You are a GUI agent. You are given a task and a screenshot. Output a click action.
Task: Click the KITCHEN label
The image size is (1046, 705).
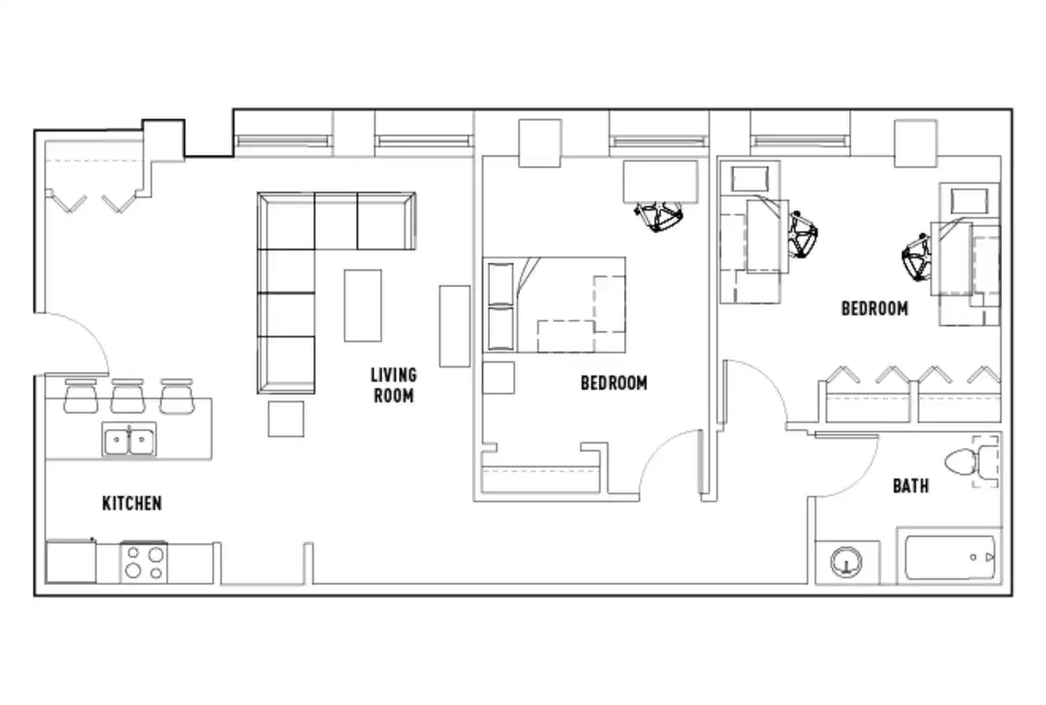pyautogui.click(x=132, y=503)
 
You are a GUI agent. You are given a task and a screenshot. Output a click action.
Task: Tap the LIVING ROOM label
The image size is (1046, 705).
pyautogui.click(x=393, y=385)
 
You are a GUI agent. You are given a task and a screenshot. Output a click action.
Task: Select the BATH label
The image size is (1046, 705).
pyautogui.click(x=910, y=486)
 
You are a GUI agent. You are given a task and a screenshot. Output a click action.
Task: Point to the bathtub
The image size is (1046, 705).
pyautogui.click(x=950, y=557)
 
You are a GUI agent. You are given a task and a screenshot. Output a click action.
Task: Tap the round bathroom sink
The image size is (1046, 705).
pyautogui.click(x=846, y=560)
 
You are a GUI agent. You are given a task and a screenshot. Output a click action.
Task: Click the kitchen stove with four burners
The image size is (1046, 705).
pyautogui.click(x=144, y=561)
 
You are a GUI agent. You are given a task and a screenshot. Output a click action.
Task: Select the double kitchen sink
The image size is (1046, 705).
pyautogui.click(x=129, y=438)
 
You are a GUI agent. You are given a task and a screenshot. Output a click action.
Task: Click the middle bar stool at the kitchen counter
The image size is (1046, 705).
pyautogui.click(x=127, y=396)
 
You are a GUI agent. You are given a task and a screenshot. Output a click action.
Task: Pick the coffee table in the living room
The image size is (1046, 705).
pyautogui.click(x=362, y=305)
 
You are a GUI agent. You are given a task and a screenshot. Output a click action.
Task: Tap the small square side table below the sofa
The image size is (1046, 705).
pyautogui.click(x=286, y=419)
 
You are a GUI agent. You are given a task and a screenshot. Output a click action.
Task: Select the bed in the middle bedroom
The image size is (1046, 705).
pyautogui.click(x=555, y=304)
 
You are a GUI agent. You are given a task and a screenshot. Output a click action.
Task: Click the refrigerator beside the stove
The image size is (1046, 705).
pyautogui.click(x=70, y=561)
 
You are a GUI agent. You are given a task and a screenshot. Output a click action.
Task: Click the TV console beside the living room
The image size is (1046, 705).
pyautogui.click(x=455, y=325)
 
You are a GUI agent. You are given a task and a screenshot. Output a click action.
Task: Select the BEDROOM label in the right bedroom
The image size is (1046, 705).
pyautogui.click(x=874, y=308)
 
